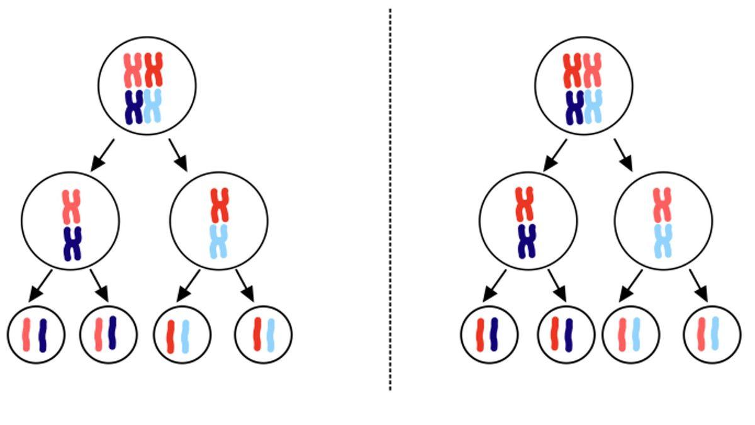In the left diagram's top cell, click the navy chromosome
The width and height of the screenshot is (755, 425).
click(x=133, y=107)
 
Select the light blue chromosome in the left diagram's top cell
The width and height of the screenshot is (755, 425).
click(x=152, y=106)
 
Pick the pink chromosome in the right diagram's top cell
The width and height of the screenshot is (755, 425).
click(x=592, y=71)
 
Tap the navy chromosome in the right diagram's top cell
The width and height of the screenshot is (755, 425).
click(x=574, y=107)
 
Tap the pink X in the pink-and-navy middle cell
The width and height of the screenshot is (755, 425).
click(x=72, y=207)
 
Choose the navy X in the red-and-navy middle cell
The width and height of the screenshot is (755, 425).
click(x=526, y=241)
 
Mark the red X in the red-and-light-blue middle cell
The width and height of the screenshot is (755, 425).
click(x=219, y=205)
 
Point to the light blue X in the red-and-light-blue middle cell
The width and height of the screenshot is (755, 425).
click(x=218, y=242)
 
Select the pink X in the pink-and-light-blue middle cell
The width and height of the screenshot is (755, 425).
click(x=662, y=205)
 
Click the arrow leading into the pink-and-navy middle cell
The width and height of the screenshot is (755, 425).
click(x=103, y=155)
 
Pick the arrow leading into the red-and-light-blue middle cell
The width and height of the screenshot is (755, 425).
click(x=178, y=155)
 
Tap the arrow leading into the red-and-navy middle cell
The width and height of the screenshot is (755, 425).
click(x=555, y=155)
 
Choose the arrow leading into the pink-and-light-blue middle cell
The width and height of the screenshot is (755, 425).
click(x=624, y=155)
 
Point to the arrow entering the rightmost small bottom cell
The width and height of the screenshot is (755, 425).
click(x=698, y=285)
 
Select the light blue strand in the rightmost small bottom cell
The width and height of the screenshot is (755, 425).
click(x=715, y=334)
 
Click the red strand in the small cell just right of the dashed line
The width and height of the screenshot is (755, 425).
click(x=481, y=334)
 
